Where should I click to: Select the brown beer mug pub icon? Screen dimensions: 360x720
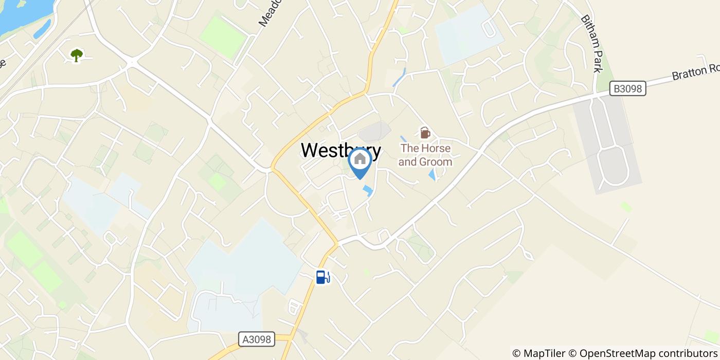[x=425, y=133]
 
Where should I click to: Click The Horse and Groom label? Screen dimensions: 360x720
[x=426, y=155]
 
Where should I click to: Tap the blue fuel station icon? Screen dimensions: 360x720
[x=322, y=278]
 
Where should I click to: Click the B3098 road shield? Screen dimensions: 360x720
[x=627, y=88]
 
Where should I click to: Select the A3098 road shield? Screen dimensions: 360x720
[x=257, y=339]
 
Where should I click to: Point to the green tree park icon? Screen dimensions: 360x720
[x=77, y=55]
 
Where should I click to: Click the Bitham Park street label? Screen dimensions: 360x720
[x=591, y=44]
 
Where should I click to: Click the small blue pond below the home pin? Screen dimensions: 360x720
[x=368, y=191]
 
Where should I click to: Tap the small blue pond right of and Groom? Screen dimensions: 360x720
[x=432, y=175]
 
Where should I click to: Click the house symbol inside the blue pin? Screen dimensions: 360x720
[x=360, y=158]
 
